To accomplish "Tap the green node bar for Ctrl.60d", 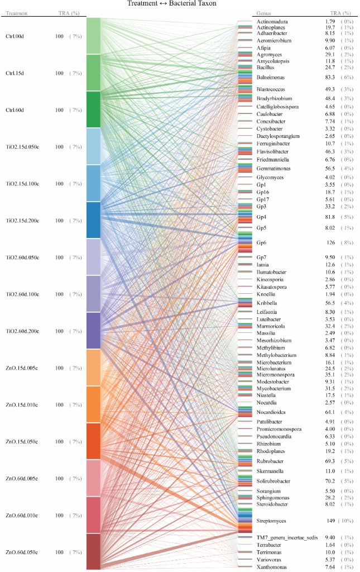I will click(93, 109).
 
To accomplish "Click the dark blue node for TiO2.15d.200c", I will click(93, 220).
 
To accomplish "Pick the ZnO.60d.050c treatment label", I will click(22, 552).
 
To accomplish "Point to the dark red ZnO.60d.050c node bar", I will click(93, 551).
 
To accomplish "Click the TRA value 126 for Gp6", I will click(329, 242).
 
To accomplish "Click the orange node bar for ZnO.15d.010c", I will click(93, 404).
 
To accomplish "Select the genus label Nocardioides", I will click(272, 413).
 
